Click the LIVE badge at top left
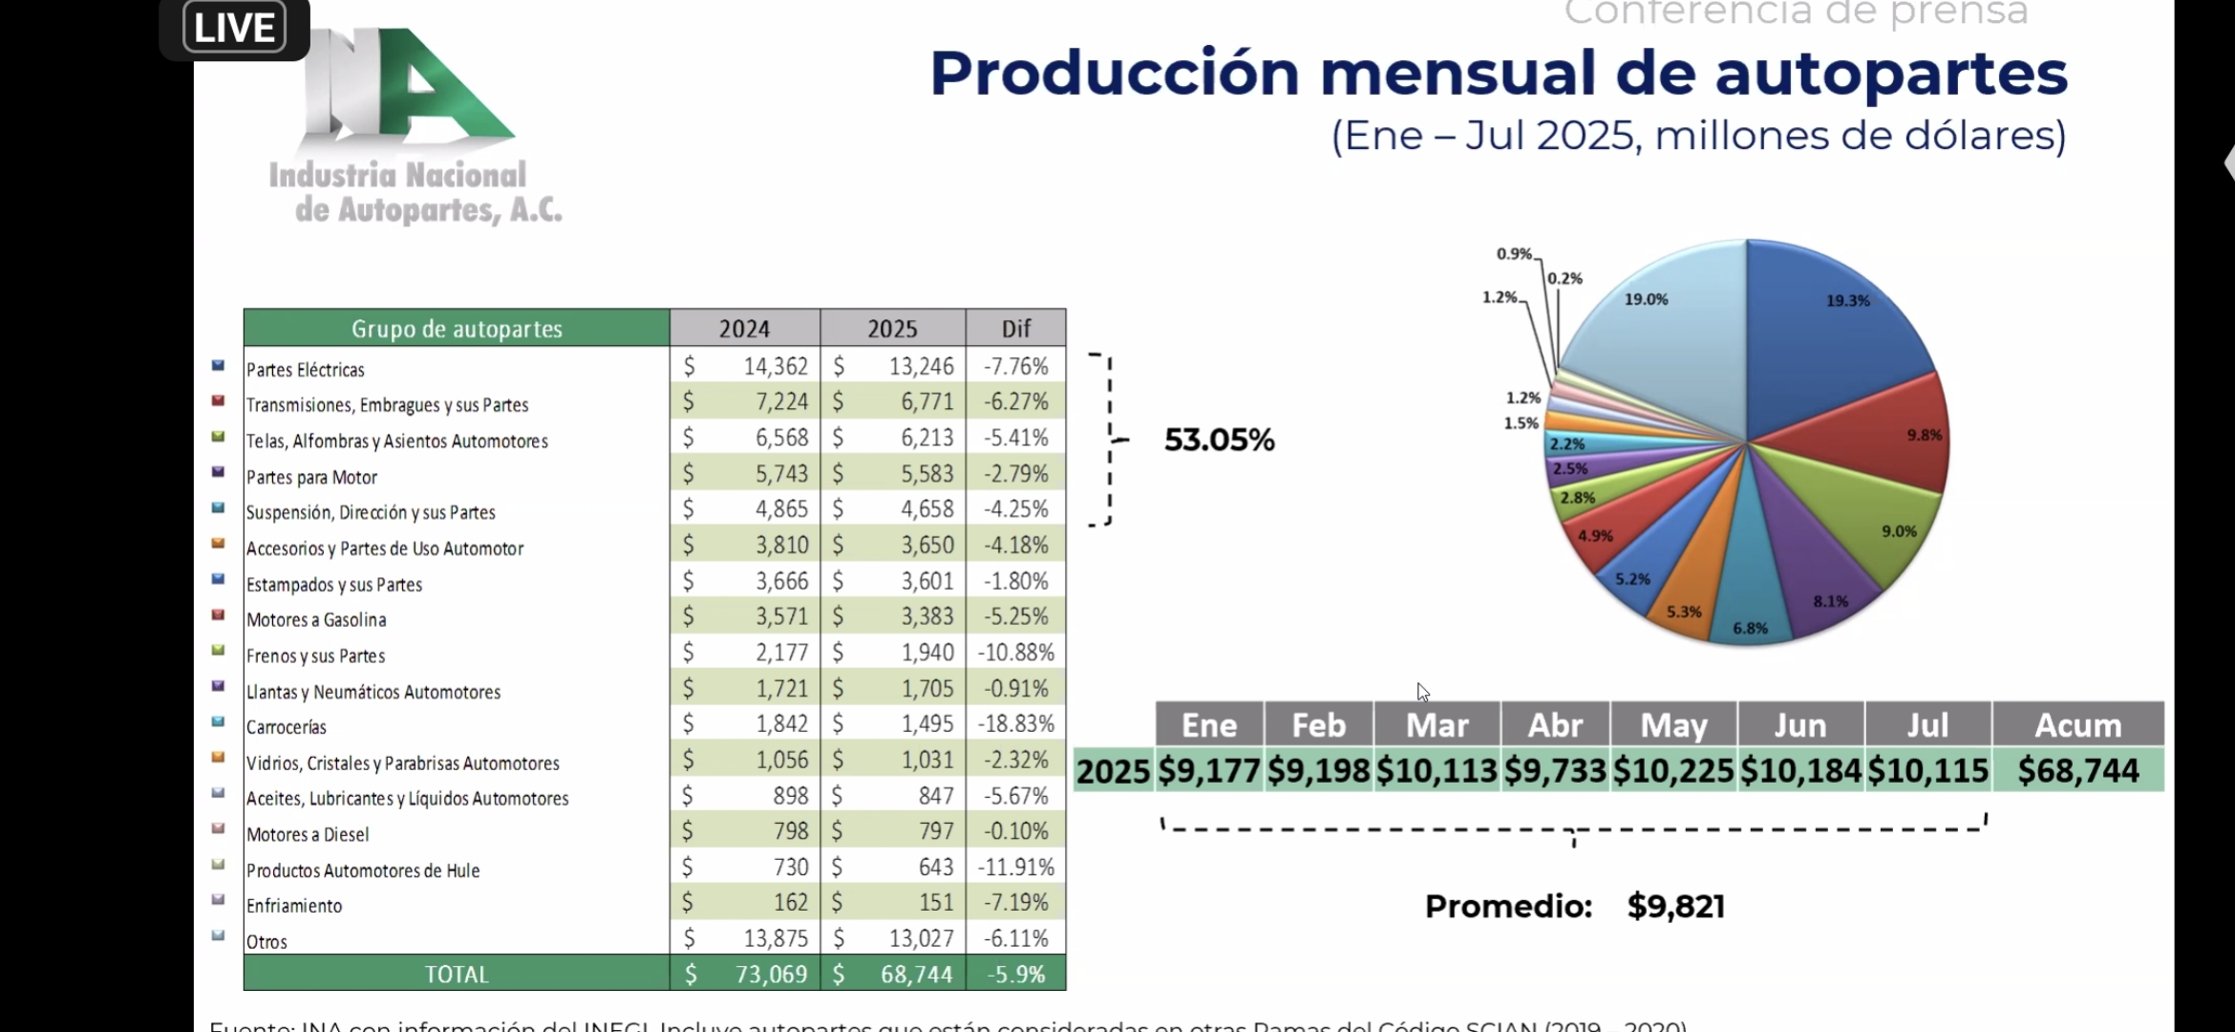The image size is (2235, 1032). click(x=234, y=28)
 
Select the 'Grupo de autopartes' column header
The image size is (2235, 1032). click(x=457, y=329)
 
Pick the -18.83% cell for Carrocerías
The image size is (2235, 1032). click(x=1015, y=723)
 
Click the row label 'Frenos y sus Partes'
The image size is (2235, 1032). click(x=315, y=656)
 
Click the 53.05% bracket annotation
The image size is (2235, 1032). click(x=1219, y=440)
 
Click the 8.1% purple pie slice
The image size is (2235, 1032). click(x=1815, y=573)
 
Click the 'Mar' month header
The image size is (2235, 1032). click(x=1437, y=725)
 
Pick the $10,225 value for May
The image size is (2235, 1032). click(x=1673, y=770)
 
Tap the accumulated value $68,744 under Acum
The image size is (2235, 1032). click(x=2077, y=770)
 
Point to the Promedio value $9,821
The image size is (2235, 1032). click(x=1675, y=906)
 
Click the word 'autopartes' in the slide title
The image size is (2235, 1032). click(x=1890, y=74)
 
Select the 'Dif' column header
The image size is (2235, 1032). click(x=1015, y=329)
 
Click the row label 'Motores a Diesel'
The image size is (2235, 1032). click(x=307, y=834)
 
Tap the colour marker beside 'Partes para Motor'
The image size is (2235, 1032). click(x=218, y=472)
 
